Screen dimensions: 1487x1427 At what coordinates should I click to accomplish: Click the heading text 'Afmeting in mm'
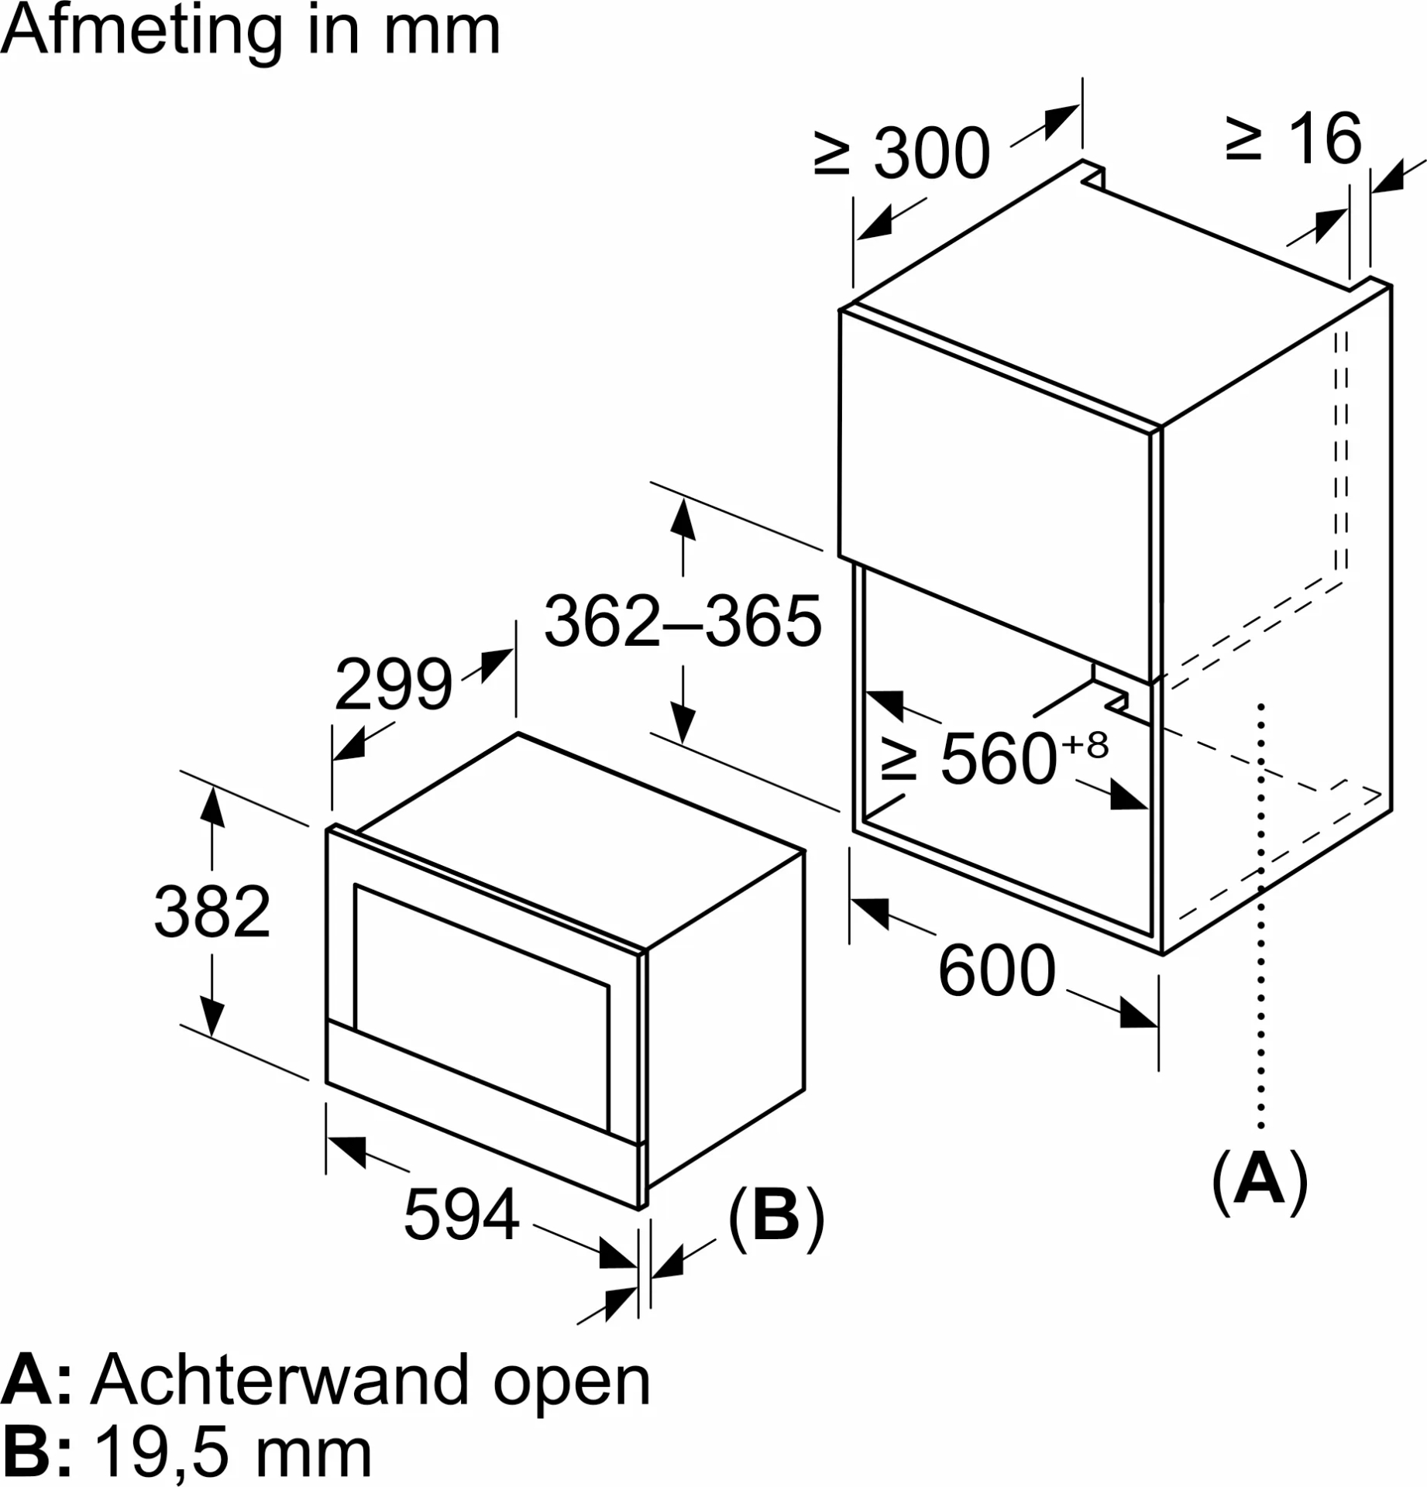(x=251, y=33)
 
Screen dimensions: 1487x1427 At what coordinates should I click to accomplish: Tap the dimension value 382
(x=212, y=912)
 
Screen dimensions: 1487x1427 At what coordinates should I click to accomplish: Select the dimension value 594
(x=462, y=1214)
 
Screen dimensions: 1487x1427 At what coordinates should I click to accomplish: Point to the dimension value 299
(x=394, y=684)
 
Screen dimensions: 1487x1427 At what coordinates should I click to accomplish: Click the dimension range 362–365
(x=683, y=621)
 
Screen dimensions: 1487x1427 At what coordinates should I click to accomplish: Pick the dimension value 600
(x=997, y=970)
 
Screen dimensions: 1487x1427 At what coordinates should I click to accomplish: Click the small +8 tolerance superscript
(x=1085, y=745)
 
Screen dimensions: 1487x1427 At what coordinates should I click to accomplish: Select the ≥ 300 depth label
(x=903, y=153)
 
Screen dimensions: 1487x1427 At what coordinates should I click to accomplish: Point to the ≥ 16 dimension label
(x=1294, y=139)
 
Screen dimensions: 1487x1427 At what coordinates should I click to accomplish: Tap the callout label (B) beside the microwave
(x=775, y=1217)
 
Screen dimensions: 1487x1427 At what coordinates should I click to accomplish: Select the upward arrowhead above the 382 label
(x=211, y=805)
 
